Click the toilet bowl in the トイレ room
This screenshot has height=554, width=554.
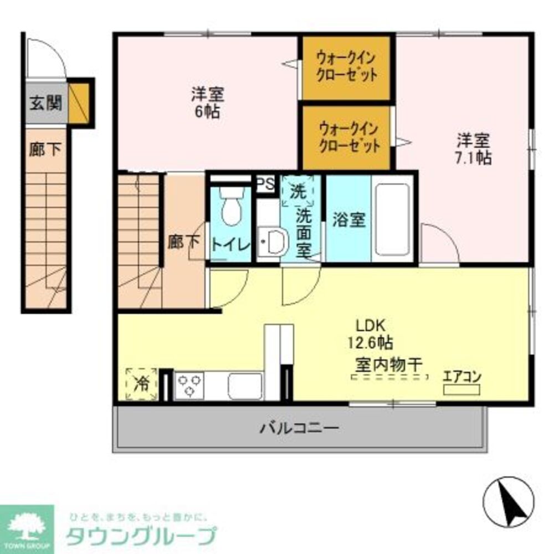(x=230, y=207)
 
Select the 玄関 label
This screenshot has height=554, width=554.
(x=45, y=102)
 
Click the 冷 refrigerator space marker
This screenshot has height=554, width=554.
(x=141, y=383)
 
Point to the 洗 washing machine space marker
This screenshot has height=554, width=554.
(x=297, y=191)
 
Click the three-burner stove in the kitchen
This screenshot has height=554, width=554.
(x=189, y=384)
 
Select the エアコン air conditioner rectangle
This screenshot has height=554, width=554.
(x=461, y=389)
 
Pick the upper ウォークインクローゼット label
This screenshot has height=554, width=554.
(x=347, y=66)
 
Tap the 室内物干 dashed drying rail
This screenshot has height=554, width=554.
(x=390, y=378)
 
